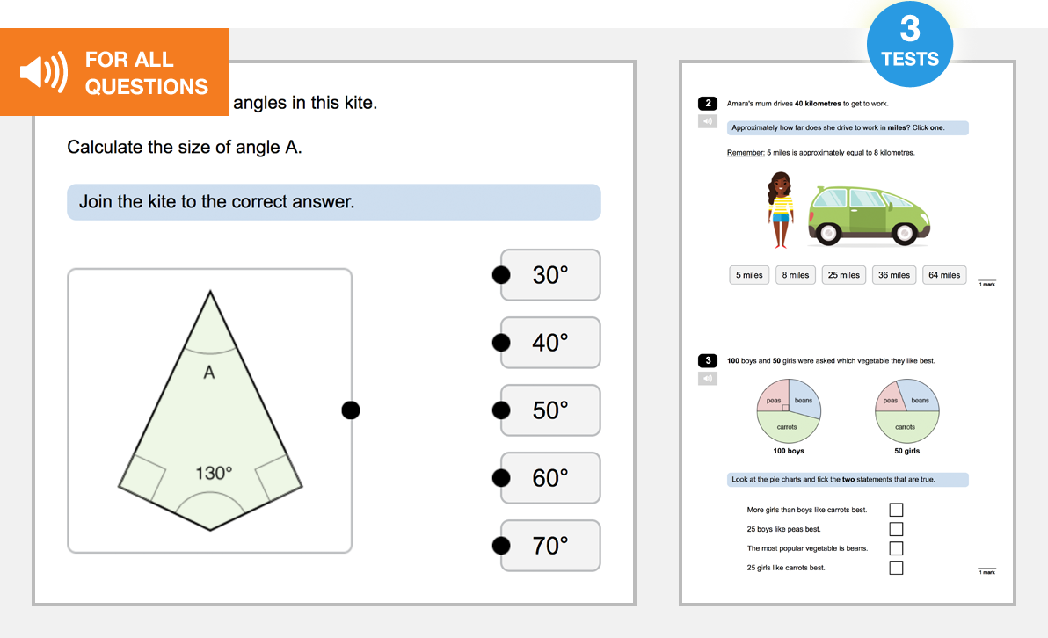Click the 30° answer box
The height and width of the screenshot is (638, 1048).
[550, 275]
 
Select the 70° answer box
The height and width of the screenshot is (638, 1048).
[550, 546]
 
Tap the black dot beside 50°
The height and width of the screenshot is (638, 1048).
[501, 410]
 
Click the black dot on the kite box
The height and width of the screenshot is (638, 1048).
[351, 410]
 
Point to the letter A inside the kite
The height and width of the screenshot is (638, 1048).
[209, 373]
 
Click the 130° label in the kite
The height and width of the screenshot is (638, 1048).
[214, 474]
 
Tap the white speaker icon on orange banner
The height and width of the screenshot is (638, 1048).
[42, 72]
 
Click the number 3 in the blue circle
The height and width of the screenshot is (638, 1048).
[910, 30]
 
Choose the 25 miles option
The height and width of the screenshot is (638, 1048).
[843, 275]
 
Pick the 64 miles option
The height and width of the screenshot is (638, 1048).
[944, 275]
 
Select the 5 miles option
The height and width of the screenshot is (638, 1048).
[749, 275]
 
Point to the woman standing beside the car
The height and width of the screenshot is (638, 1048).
[780, 210]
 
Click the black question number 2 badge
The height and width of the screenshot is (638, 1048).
[708, 104]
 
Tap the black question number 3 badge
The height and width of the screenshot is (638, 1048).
[708, 360]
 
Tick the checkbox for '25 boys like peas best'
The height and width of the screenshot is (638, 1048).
[896, 529]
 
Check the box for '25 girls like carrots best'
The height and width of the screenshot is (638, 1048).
[896, 568]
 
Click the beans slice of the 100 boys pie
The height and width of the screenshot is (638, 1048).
[804, 400]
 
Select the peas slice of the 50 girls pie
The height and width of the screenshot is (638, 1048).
[891, 400]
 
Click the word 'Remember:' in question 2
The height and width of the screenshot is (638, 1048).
[746, 153]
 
